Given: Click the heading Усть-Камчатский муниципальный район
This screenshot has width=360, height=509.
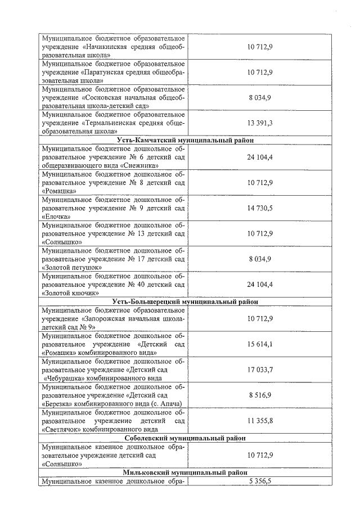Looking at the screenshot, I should point(185,140).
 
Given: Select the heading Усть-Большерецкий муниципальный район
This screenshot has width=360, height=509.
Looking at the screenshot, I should point(185,301).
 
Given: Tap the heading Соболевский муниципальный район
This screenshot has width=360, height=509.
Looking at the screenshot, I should point(185,438).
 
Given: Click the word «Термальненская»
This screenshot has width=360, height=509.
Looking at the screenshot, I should point(115,123).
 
